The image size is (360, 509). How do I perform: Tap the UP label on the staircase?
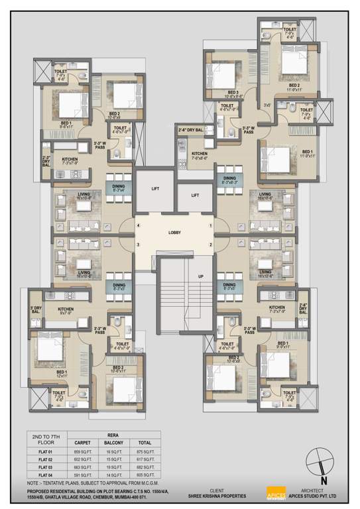pos(200,276)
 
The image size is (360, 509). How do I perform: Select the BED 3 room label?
pos(231,93)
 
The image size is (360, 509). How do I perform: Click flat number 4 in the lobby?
pos(138,226)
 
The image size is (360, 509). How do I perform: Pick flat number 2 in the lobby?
pos(211,246)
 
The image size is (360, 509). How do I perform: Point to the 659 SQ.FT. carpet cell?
pos(84,450)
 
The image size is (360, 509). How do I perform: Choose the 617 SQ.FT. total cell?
pos(145,459)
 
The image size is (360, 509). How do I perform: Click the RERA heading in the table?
pos(115,435)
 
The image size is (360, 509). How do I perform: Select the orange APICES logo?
pos(274,493)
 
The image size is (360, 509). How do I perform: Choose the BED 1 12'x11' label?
pos(61,374)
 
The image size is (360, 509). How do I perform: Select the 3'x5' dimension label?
pos(267,105)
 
